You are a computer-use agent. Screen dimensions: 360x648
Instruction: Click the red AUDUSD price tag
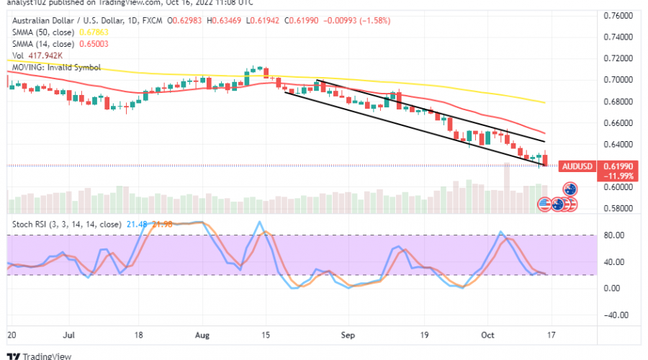pyautogui.click(x=578, y=166)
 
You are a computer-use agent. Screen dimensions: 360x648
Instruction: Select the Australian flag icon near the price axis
pyautogui.click(x=571, y=189)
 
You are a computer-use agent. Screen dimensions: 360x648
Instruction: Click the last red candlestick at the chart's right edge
pyautogui.click(x=544, y=160)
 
